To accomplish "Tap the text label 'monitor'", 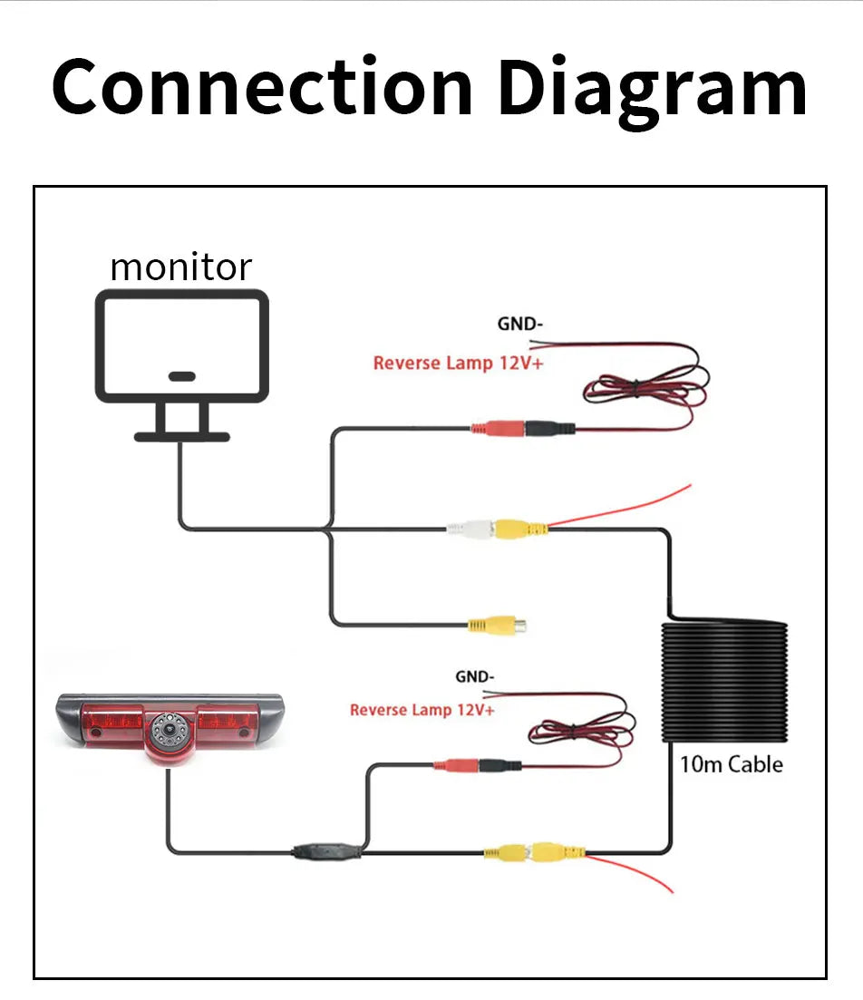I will click(x=180, y=267).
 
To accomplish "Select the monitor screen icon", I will click(x=182, y=345).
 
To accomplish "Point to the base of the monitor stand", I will click(x=181, y=436).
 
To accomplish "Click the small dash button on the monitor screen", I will click(x=182, y=375).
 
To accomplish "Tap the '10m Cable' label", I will click(x=731, y=764).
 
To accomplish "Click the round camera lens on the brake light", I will click(x=168, y=727).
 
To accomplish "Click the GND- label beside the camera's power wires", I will click(x=474, y=676).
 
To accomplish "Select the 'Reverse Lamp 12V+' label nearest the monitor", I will click(x=457, y=364).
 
